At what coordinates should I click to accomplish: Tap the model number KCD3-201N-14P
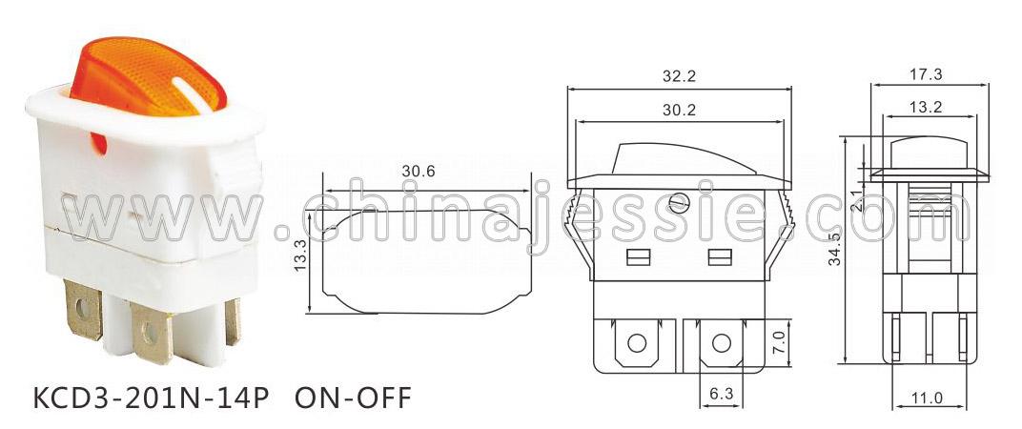click(x=151, y=397)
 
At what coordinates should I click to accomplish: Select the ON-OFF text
click(x=354, y=397)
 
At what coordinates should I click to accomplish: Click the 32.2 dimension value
click(x=679, y=75)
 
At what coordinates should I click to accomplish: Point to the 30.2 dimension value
click(x=679, y=111)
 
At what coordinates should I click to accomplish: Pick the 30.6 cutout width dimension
click(x=418, y=171)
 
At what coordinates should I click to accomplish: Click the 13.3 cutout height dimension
click(x=300, y=255)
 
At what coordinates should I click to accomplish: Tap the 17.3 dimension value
click(x=926, y=74)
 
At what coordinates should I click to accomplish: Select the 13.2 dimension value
click(x=926, y=107)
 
